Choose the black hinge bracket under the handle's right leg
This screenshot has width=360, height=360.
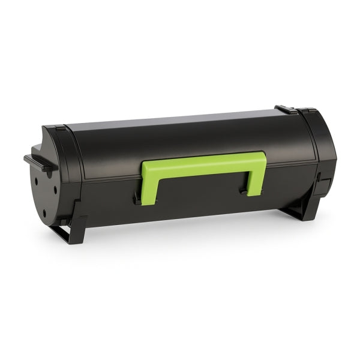coord(246,192)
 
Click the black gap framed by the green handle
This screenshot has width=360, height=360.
coord(201,180)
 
